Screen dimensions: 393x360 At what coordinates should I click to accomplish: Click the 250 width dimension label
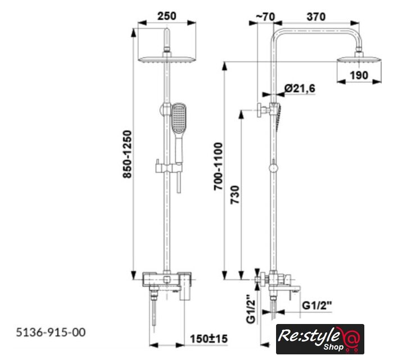(x=166, y=16)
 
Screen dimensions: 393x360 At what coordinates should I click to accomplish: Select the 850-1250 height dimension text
(x=127, y=154)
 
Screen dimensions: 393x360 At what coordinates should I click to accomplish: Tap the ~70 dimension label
(x=265, y=17)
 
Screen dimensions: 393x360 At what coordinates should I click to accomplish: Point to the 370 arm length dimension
(x=316, y=17)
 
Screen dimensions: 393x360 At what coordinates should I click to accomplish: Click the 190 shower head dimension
(x=359, y=75)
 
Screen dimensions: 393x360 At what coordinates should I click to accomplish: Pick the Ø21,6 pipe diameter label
(x=300, y=88)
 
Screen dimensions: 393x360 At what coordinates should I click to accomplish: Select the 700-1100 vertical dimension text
(x=218, y=166)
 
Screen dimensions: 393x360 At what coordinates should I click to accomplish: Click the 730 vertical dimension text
(x=235, y=195)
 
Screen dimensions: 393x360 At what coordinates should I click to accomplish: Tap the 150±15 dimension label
(x=209, y=339)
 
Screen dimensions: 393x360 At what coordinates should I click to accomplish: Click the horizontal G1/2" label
(x=317, y=305)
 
